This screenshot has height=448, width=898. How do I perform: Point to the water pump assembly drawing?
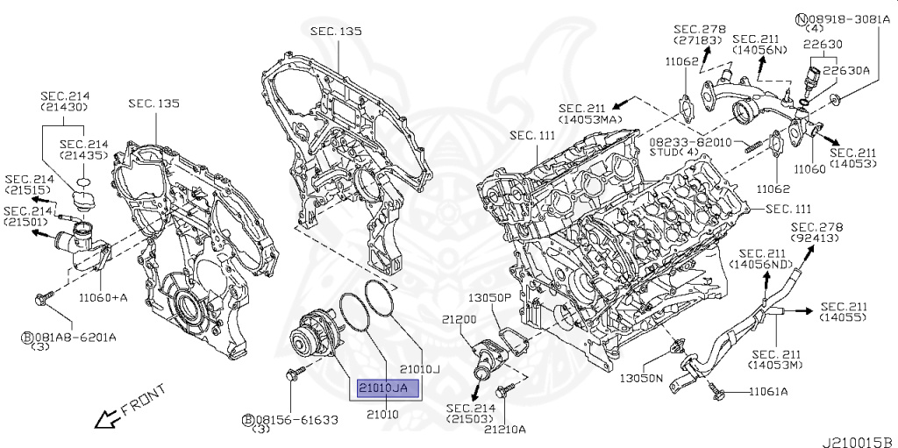[318, 338]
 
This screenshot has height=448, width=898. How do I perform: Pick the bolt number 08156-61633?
[296, 420]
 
